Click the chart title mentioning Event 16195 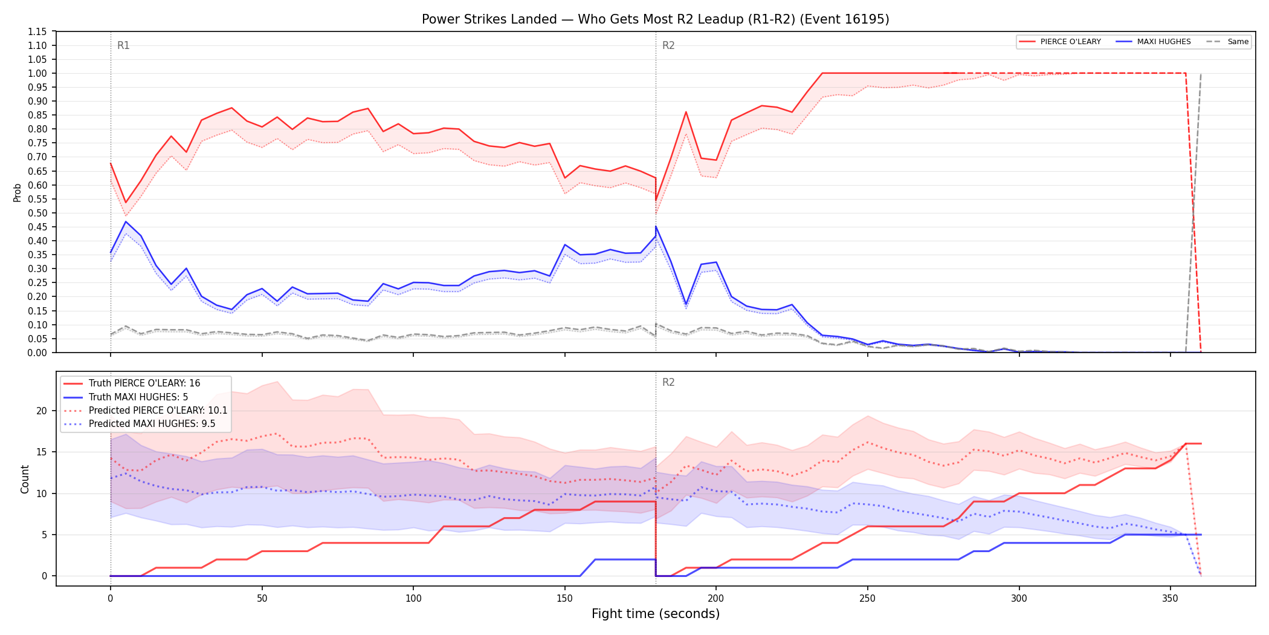(x=656, y=19)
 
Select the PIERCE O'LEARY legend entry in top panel (x=1060, y=42)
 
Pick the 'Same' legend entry (x=1227, y=42)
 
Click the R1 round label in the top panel (x=123, y=45)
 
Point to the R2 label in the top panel (x=668, y=45)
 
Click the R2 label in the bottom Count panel (x=668, y=382)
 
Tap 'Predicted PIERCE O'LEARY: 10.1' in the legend (x=146, y=410)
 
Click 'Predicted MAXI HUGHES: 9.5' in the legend (x=140, y=423)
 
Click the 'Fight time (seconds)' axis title (x=656, y=614)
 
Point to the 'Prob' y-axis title (x=18, y=192)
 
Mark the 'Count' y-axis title (x=25, y=479)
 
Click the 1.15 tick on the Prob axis (x=37, y=31)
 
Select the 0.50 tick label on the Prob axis (x=37, y=213)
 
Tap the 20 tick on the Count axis (x=42, y=411)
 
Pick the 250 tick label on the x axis (x=868, y=599)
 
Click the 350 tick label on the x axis (x=1171, y=599)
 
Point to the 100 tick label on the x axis (x=413, y=599)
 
